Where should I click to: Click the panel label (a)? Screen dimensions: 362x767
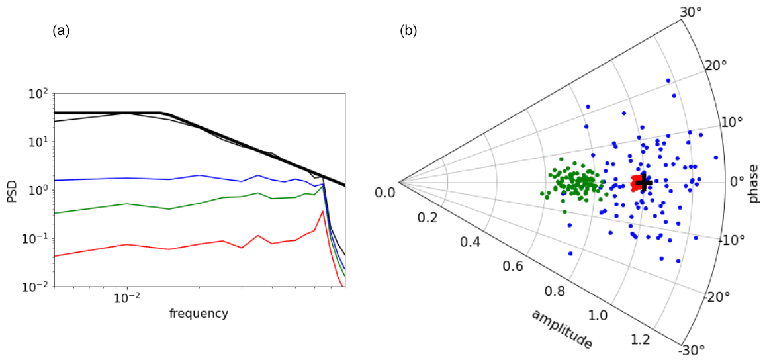[x=60, y=30]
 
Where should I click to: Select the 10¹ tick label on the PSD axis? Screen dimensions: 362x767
[x=37, y=142]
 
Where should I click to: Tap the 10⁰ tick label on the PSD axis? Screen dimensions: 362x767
[x=37, y=190]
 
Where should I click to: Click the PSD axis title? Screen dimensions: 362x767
[x=12, y=190]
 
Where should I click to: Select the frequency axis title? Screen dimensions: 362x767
[x=199, y=313]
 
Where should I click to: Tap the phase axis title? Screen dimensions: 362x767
[x=754, y=183]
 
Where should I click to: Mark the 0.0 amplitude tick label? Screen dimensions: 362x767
[x=384, y=192]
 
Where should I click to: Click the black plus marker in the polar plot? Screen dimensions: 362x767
[x=644, y=182]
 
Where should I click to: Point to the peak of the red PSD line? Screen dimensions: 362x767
[x=322, y=212]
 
